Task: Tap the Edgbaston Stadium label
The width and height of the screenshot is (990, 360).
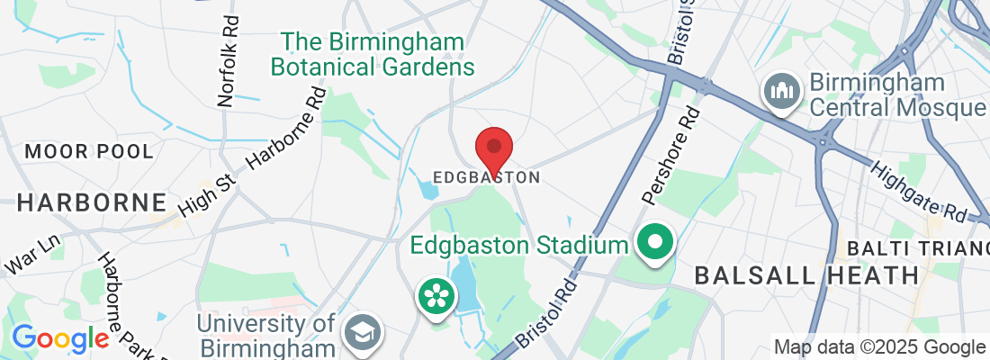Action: [x=517, y=245]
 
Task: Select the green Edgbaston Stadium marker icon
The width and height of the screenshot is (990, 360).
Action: [x=656, y=244]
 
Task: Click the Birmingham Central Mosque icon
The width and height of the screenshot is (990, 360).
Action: [x=781, y=93]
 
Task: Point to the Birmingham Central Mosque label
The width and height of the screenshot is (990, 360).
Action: [x=895, y=94]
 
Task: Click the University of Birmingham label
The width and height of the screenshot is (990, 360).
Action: [x=267, y=334]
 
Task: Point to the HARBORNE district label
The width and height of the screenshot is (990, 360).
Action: [x=92, y=202]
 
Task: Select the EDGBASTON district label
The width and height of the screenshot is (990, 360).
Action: [x=486, y=177]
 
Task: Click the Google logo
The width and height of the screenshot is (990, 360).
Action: [x=60, y=338]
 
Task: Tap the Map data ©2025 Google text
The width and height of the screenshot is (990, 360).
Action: [x=879, y=346]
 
